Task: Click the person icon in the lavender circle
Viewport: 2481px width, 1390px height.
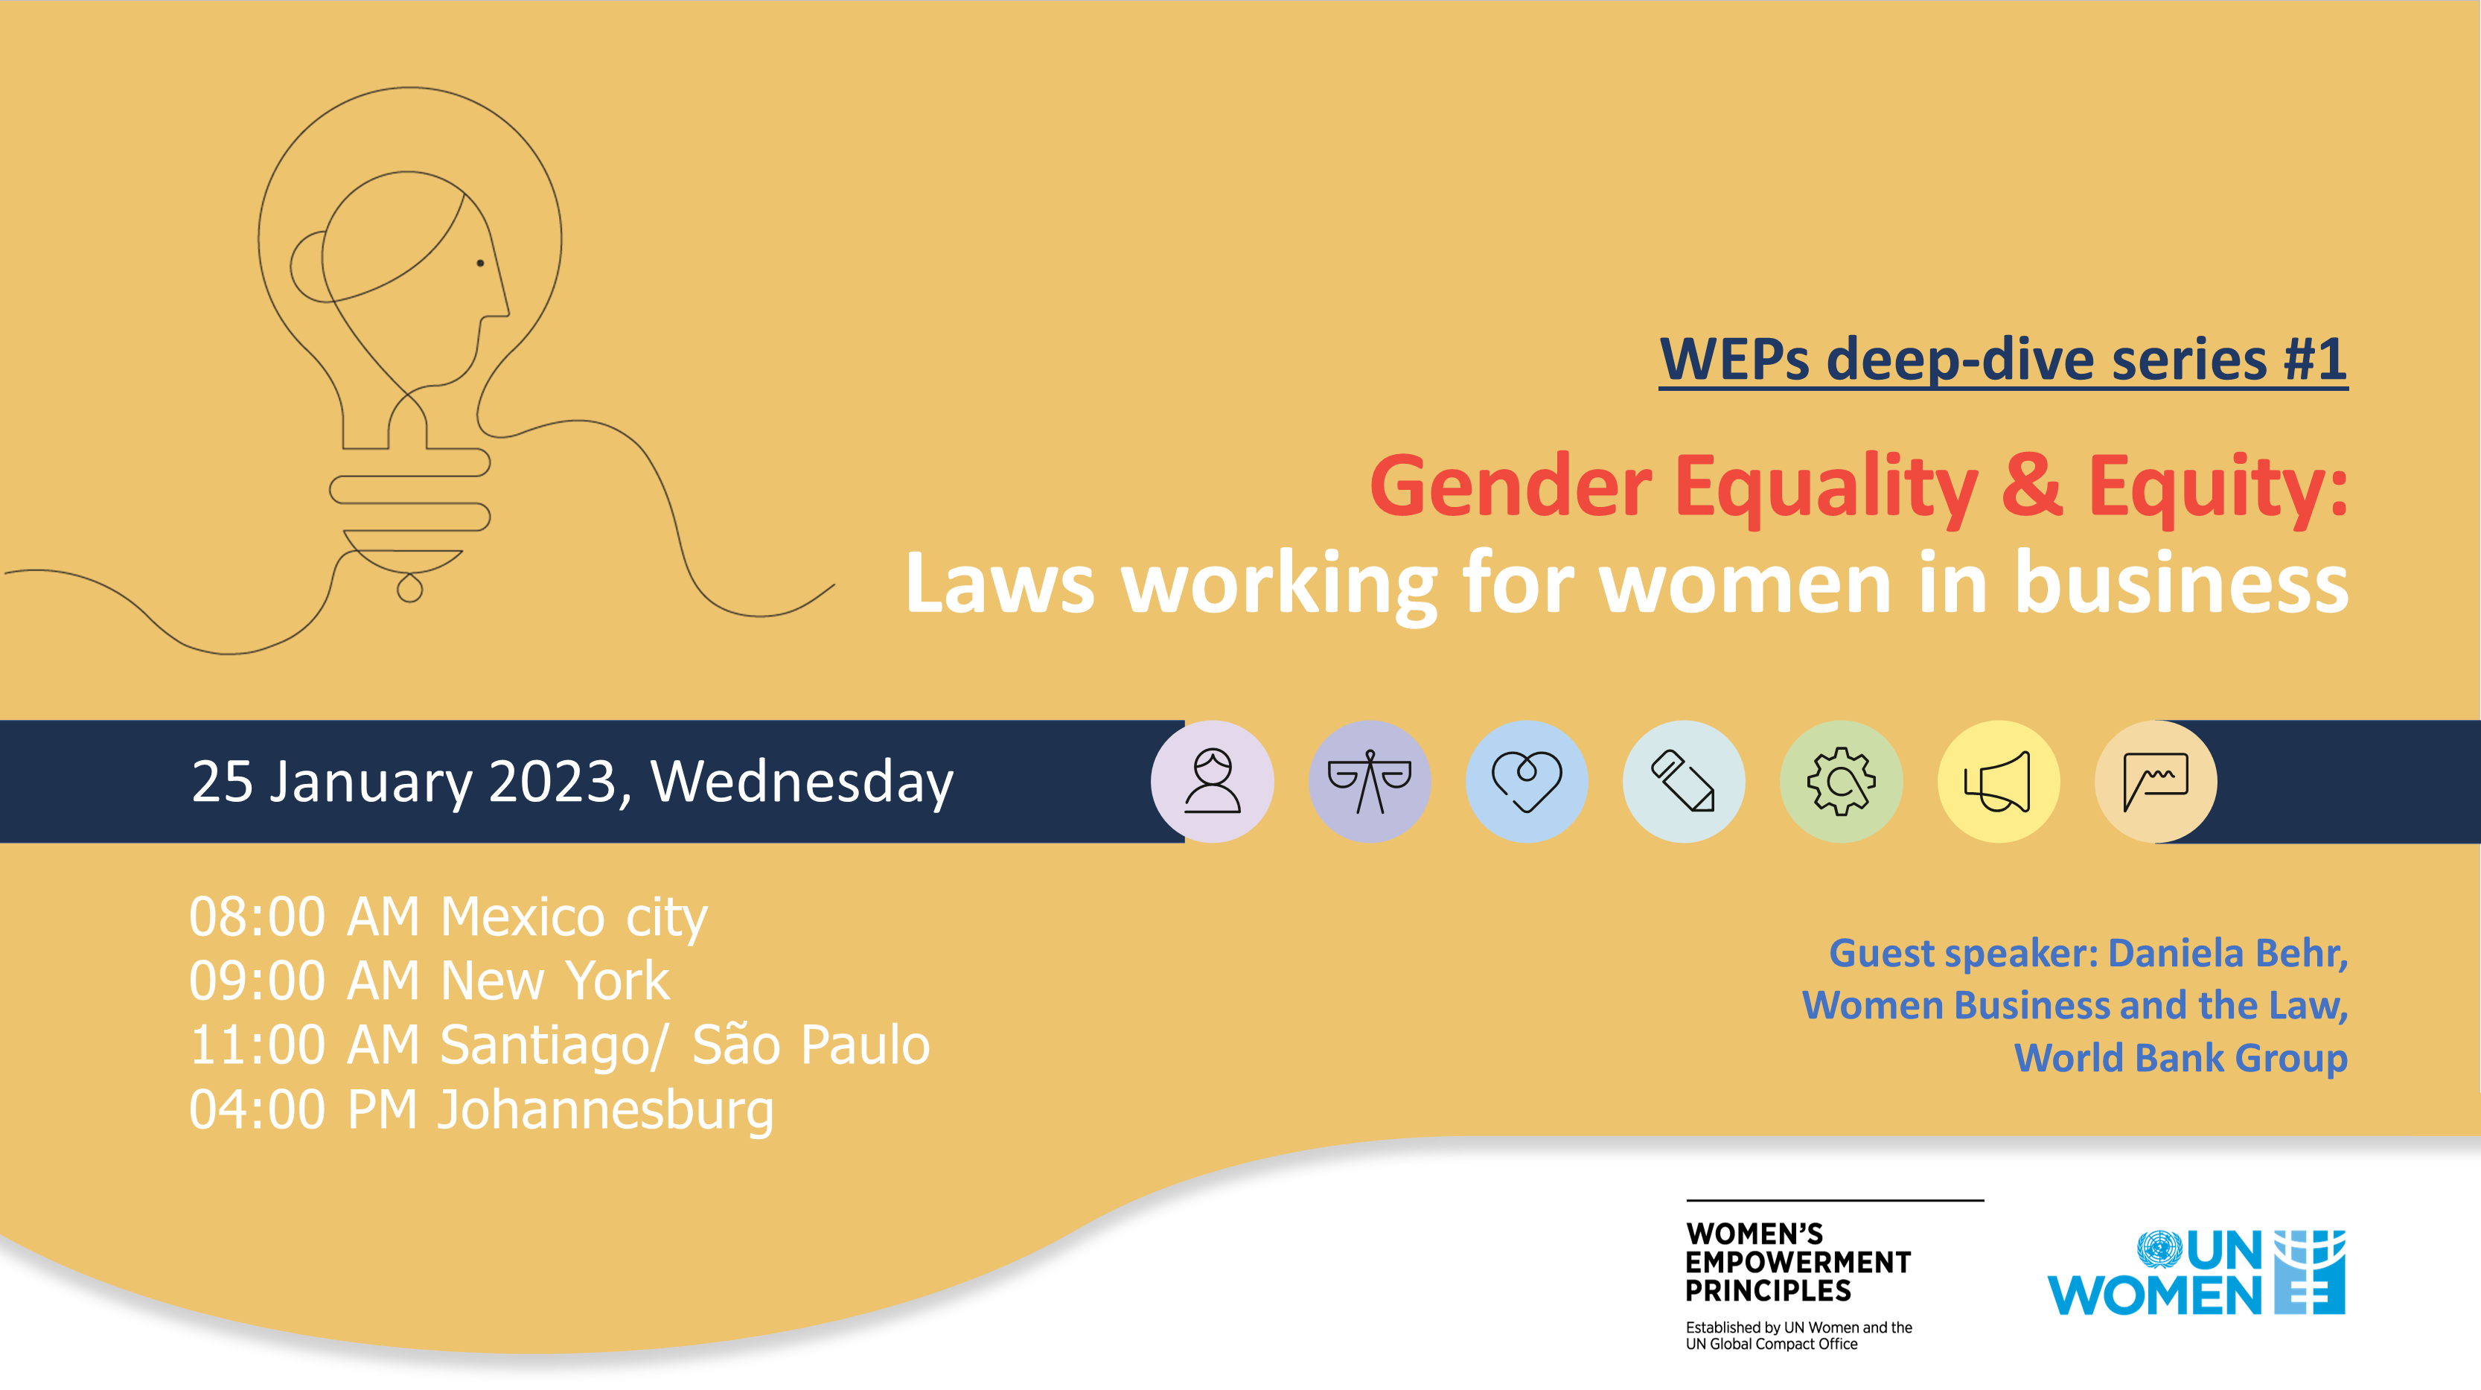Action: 1212,781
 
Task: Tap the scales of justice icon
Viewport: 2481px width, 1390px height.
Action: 1369,781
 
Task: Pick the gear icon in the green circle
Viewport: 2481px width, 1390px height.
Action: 1841,781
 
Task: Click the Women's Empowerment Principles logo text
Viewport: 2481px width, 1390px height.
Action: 1797,1261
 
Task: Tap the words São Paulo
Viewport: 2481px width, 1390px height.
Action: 811,1045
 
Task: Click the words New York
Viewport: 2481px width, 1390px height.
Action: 554,981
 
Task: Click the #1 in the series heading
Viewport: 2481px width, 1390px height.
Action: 2314,360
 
